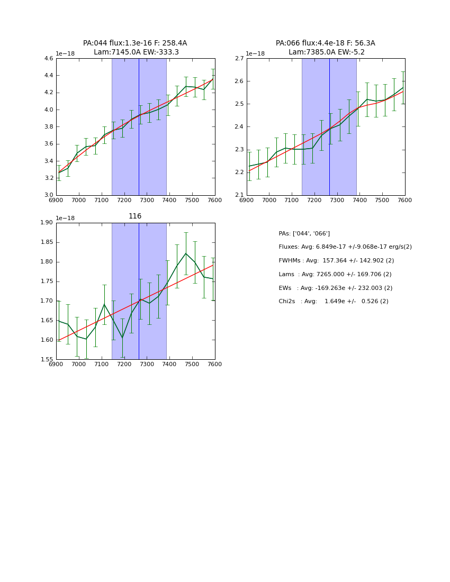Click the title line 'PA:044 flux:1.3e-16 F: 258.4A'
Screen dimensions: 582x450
135,43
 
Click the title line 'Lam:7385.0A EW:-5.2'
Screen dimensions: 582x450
326,52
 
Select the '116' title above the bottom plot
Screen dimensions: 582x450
135,216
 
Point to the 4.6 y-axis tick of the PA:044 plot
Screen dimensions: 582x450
48,59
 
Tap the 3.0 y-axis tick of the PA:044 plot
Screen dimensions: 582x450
48,195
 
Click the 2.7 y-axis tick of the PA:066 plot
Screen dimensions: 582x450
239,59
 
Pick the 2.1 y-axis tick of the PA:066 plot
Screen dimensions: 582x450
239,195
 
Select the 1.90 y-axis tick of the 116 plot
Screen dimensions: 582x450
47,223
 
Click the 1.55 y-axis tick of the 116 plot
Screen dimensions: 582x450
47,360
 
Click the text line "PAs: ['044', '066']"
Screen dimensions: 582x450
304,234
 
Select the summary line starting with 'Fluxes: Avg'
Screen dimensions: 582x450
345,247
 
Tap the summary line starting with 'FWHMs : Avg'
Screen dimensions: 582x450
336,261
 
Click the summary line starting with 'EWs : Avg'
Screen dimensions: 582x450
336,288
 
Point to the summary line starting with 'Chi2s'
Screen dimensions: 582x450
334,302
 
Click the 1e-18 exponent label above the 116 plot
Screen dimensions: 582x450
65,219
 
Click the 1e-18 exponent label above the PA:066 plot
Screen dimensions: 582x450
255,54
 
